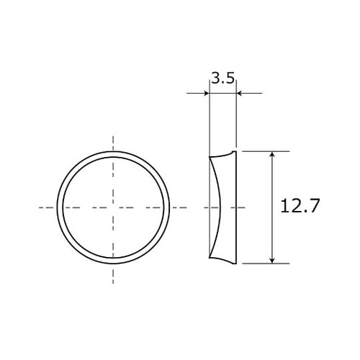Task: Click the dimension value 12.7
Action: click(299, 207)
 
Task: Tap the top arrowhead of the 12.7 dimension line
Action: click(272, 155)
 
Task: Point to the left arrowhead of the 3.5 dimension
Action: click(206, 93)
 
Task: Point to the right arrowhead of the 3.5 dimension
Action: click(240, 93)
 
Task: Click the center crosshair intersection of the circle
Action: click(113, 207)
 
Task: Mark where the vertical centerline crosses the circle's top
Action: click(113, 152)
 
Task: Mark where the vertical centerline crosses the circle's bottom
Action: click(113, 264)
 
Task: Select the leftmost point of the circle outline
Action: click(57, 207)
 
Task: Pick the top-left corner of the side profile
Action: click(210, 157)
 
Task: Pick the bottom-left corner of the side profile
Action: click(210, 258)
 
